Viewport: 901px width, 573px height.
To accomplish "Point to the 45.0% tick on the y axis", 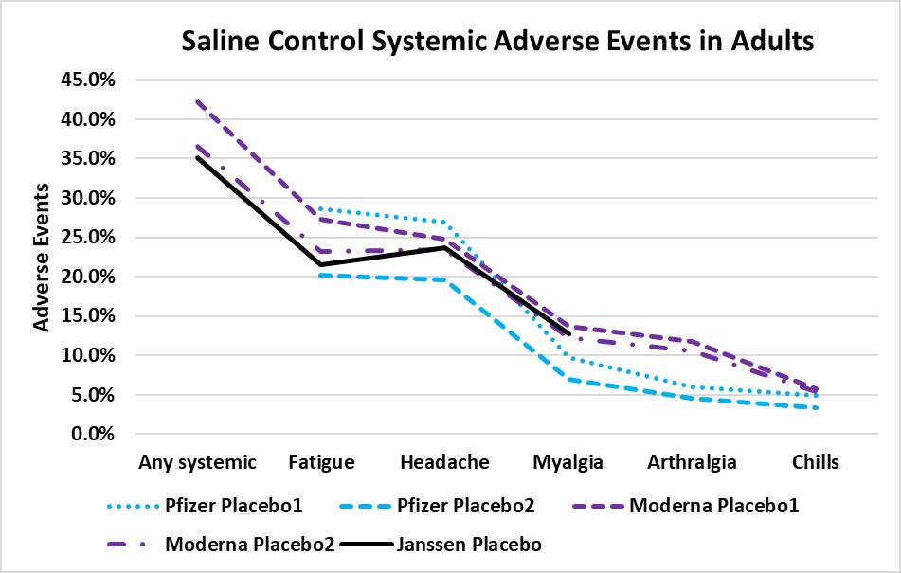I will (x=87, y=81).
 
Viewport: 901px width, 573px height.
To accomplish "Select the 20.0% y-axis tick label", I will (x=87, y=277).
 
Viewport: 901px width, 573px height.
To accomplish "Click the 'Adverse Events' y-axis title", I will (x=42, y=257).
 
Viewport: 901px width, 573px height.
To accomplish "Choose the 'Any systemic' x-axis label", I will (x=197, y=462).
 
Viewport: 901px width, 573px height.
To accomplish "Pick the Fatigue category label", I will (x=321, y=462).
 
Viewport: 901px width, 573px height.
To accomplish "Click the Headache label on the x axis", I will (x=444, y=462).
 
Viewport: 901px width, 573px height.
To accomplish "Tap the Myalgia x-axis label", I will (x=568, y=462).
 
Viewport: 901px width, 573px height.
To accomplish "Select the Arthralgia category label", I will (x=692, y=462).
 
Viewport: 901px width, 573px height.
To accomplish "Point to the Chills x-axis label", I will (x=815, y=462).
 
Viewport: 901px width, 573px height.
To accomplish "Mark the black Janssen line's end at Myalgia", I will (x=568, y=333).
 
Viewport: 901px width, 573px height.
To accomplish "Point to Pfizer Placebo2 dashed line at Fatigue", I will (x=321, y=275).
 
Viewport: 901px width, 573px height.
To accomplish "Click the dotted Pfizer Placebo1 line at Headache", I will (x=444, y=223).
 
